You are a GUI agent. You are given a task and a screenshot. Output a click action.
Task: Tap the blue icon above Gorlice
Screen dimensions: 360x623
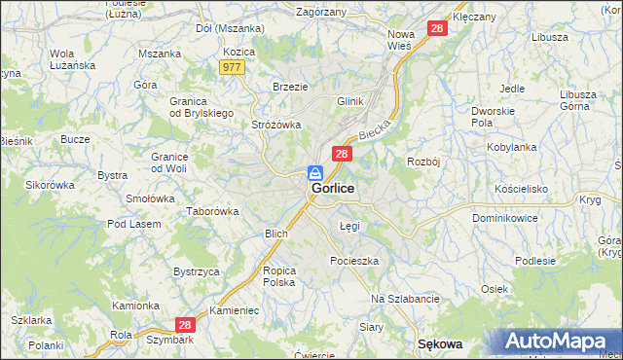[317, 172]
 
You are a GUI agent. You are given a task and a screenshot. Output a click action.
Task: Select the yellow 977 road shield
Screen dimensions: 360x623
[232, 66]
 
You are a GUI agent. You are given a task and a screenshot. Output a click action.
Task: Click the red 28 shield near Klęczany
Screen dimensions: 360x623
[438, 29]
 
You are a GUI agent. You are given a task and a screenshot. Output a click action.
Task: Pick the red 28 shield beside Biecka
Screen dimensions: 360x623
[342, 154]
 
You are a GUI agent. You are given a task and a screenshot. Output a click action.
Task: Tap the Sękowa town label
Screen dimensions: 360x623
[439, 344]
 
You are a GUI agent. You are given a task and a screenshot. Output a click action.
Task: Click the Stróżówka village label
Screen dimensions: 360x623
[277, 125]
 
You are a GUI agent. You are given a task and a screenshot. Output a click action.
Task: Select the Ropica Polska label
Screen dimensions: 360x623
[278, 275]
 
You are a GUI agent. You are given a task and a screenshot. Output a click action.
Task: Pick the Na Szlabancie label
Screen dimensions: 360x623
[406, 299]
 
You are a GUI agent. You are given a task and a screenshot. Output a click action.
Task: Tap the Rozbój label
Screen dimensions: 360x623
[424, 162]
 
